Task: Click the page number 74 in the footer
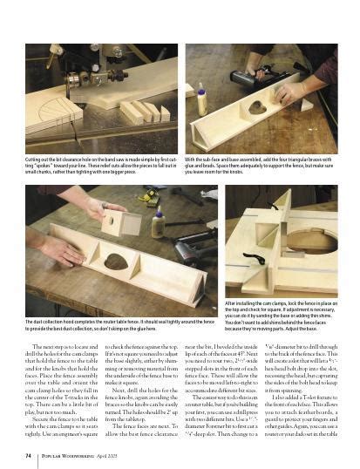click(29, 454)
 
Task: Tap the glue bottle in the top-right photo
click(202, 99)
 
